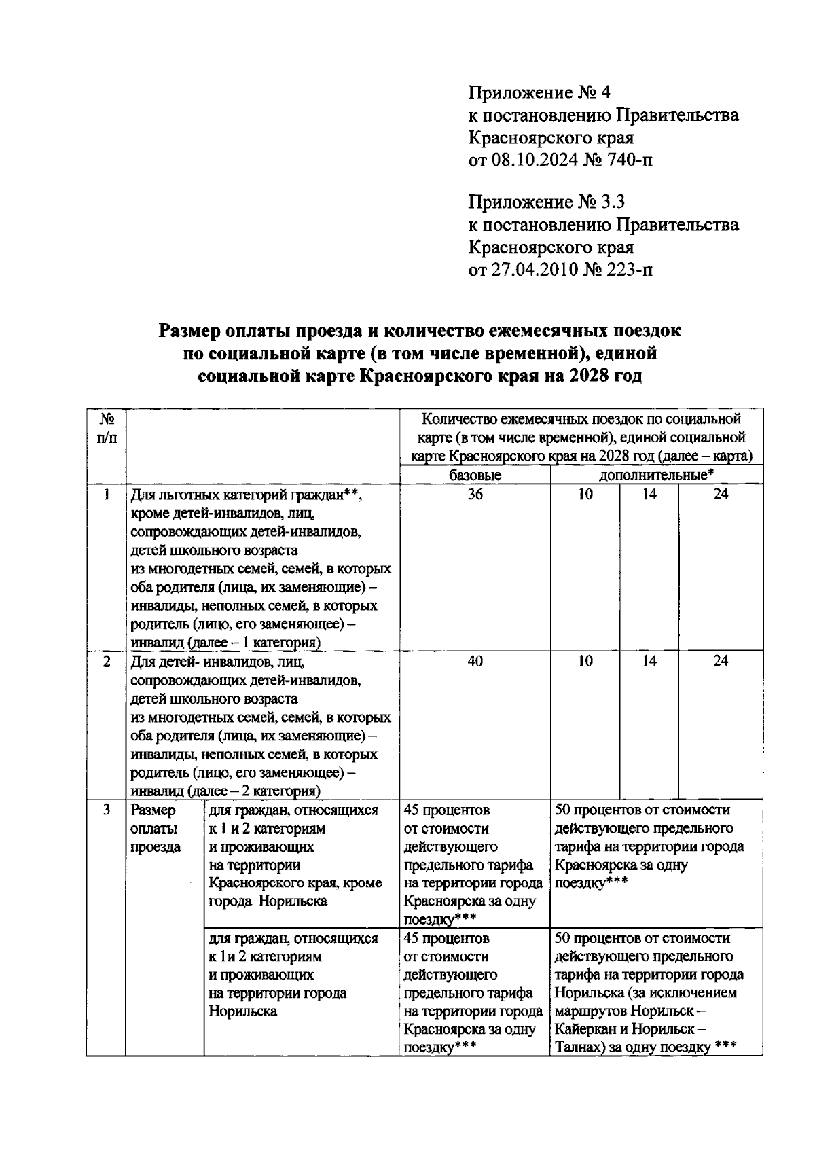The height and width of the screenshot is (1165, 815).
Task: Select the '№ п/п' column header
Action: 106,429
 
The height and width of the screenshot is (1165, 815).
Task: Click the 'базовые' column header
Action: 475,475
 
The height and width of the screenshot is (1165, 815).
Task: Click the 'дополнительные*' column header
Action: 656,475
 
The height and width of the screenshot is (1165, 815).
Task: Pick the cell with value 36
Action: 475,494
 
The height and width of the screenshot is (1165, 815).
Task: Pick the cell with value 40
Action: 475,660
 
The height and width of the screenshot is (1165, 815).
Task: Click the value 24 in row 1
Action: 720,494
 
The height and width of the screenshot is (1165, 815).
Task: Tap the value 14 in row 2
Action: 649,660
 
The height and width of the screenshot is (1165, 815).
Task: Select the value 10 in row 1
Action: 585,494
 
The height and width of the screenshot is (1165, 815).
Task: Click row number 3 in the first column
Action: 106,810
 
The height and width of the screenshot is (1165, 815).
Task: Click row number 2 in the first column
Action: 106,660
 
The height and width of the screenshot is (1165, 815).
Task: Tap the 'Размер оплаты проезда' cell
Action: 156,828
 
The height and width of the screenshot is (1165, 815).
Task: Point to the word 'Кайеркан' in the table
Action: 583,1029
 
